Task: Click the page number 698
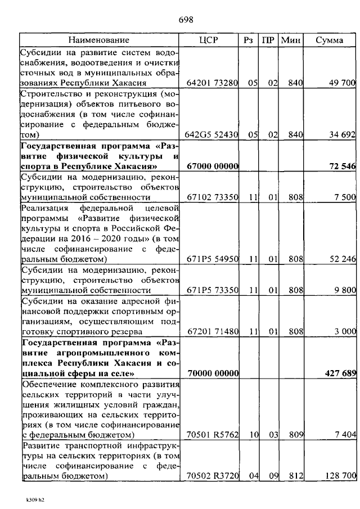point(186,20)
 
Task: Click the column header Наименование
point(99,40)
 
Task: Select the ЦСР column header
point(209,40)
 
